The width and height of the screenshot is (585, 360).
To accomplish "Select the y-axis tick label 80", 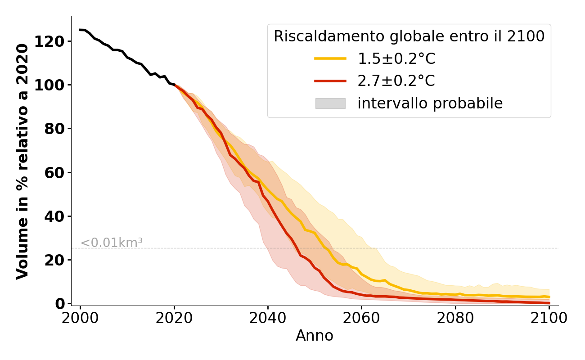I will (x=58, y=129).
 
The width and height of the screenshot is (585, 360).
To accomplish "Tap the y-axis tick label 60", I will (x=58, y=172).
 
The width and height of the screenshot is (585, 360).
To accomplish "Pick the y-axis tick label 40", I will (x=58, y=216).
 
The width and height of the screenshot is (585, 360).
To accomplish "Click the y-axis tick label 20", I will (x=58, y=260).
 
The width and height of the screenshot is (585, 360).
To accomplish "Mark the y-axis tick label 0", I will (x=62, y=304).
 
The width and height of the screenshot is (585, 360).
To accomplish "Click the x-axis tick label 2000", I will (x=80, y=318).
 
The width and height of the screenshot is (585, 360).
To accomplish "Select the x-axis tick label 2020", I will (x=174, y=318).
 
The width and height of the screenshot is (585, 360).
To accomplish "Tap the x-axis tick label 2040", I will (x=268, y=318).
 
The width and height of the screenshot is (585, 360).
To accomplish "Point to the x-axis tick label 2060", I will (x=361, y=318).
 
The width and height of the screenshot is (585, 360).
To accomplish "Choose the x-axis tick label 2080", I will (x=455, y=318).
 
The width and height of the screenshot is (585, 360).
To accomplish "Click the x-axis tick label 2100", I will (x=549, y=318).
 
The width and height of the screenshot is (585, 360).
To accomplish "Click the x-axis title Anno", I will (x=315, y=336).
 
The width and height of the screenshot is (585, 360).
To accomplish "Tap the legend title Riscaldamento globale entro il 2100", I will (x=409, y=36).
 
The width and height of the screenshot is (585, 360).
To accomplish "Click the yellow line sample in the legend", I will (x=330, y=58).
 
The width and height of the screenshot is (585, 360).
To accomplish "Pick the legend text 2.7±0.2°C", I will (x=396, y=81).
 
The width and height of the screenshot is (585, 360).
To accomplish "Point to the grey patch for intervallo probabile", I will (x=330, y=103).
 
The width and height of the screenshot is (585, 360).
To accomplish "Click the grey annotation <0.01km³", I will (x=112, y=243).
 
